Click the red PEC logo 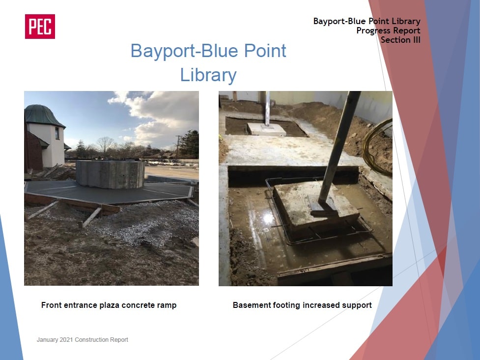(x=40, y=27)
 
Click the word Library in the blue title (x=208, y=75)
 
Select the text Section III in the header (x=400, y=40)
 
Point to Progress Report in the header (x=388, y=30)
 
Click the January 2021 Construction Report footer (x=83, y=339)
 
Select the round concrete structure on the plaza (x=110, y=174)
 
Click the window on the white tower (x=57, y=133)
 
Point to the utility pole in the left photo (x=178, y=147)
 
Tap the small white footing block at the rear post (x=266, y=129)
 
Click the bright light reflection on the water (x=268, y=218)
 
